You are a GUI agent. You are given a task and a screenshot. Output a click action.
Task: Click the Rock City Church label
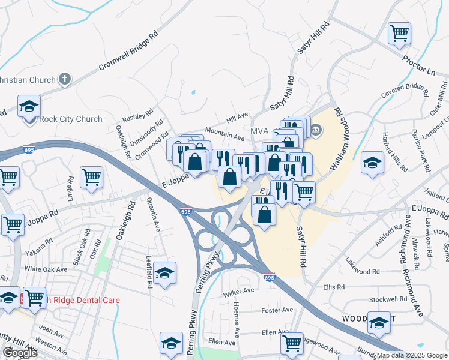click(x=70, y=119)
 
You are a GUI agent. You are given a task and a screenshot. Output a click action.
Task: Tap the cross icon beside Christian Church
click(x=65, y=79)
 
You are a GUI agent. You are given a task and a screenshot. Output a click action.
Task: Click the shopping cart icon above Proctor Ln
click(x=399, y=32)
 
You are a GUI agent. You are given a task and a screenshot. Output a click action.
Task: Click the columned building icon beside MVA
click(x=316, y=129)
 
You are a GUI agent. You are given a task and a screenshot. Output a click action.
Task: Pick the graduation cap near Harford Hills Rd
click(x=372, y=162)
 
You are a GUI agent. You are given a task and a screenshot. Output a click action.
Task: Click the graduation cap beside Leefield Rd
click(x=164, y=273)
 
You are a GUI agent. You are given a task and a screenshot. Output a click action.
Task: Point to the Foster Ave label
click(x=277, y=310)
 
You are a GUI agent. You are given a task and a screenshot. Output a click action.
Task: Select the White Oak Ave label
click(x=46, y=269)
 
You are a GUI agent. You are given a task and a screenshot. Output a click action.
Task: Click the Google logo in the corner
click(x=20, y=353)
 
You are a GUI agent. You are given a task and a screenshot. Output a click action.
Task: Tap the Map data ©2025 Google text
click(x=412, y=355)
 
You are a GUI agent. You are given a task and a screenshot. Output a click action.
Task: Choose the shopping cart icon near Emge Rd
click(x=91, y=177)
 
